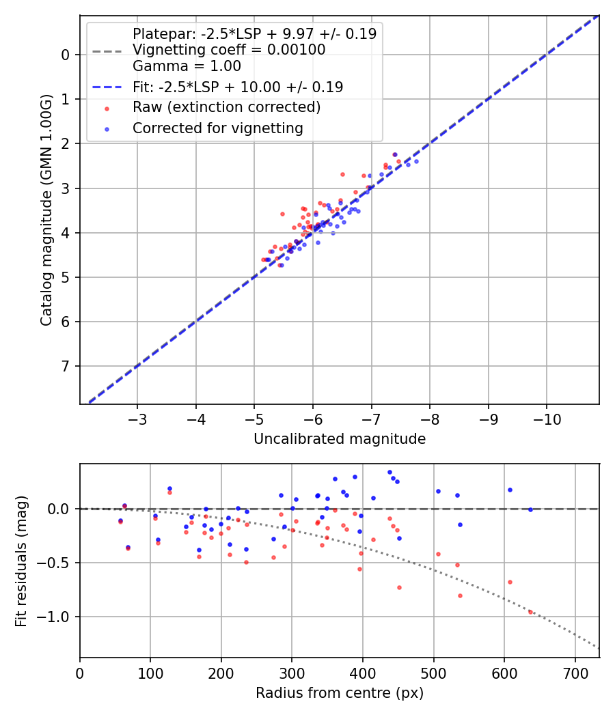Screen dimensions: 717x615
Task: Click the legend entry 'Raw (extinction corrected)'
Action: coord(226,107)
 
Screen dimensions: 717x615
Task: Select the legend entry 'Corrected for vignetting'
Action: coord(217,128)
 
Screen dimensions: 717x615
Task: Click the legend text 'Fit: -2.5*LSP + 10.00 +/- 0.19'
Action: coord(237,87)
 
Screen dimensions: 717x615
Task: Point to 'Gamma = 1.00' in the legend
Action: coord(187,66)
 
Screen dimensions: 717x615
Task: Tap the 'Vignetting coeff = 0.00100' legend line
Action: coord(229,50)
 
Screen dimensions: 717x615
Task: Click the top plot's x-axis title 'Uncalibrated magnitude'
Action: coord(340,439)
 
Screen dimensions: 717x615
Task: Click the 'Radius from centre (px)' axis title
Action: coord(340,693)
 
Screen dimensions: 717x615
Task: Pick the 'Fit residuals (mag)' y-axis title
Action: coord(21,561)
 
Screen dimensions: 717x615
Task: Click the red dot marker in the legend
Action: coord(106,108)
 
